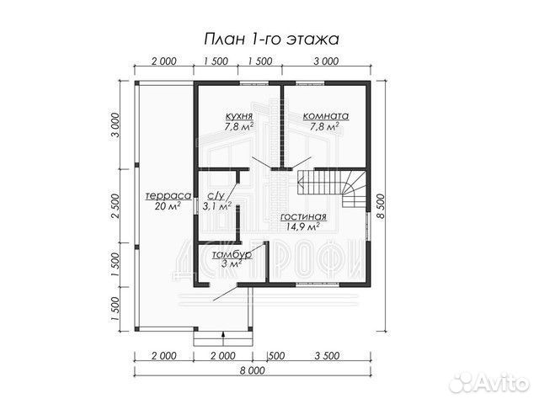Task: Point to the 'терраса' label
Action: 158,194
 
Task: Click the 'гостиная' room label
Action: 302,215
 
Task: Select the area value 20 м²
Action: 157,205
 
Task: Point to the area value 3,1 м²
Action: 216,206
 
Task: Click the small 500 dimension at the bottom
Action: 275,355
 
